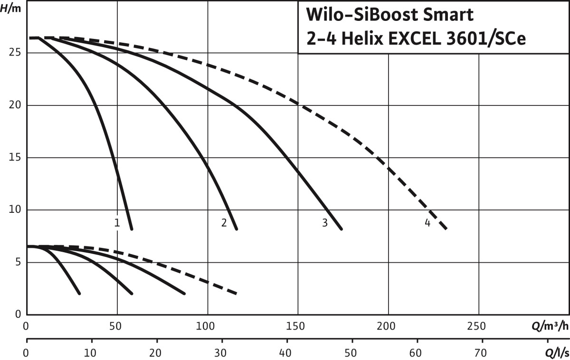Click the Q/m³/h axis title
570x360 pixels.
[550, 327]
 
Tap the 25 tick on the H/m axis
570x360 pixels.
[15, 53]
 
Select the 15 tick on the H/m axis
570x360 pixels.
[15, 158]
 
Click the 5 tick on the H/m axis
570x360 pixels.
[18, 262]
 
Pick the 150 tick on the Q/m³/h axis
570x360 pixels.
[298, 327]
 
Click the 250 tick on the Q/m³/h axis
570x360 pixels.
[478, 327]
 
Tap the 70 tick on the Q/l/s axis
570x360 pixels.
[482, 354]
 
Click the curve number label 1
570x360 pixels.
[116, 222]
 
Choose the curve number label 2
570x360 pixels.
[224, 222]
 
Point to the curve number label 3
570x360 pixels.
[325, 222]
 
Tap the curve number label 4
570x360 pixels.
[427, 222]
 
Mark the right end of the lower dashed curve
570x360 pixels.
[236, 294]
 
